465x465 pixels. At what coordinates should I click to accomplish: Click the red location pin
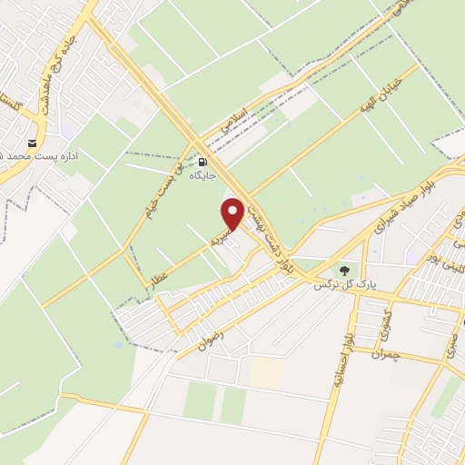coord(232,213)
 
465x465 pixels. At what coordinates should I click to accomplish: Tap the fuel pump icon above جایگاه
coord(201,163)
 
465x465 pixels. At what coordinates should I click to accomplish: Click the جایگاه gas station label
coord(201,177)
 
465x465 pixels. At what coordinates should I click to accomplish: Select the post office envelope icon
coord(33,143)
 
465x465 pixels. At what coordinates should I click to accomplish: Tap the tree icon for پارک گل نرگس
coord(343,270)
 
